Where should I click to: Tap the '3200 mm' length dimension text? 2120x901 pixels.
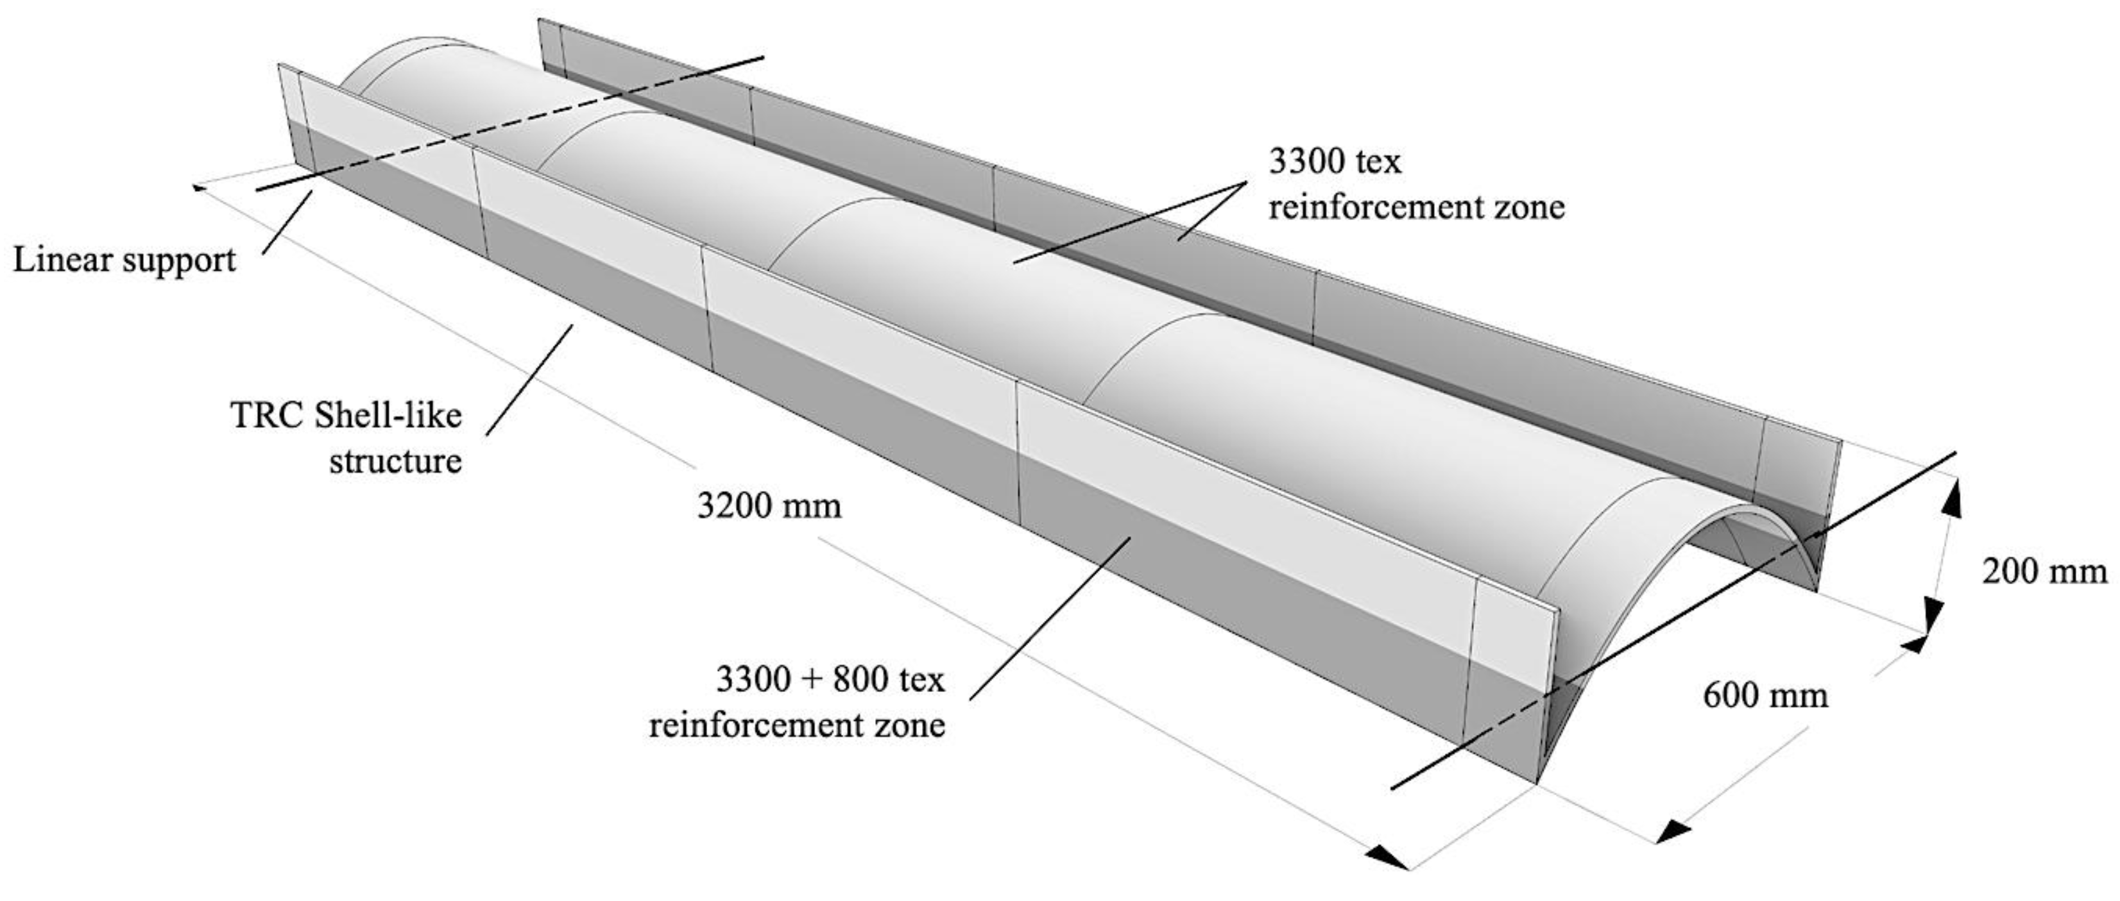(769, 505)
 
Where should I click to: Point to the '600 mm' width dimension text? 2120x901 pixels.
(1765, 695)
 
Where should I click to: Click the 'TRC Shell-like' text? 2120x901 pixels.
(346, 416)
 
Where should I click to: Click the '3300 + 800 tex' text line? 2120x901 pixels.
(830, 680)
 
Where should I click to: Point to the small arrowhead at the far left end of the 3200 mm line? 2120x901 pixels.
(198, 187)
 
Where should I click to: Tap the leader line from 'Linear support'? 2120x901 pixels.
(287, 222)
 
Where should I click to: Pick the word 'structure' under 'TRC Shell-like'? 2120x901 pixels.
(395, 461)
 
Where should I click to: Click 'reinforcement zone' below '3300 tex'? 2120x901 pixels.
(1415, 206)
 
